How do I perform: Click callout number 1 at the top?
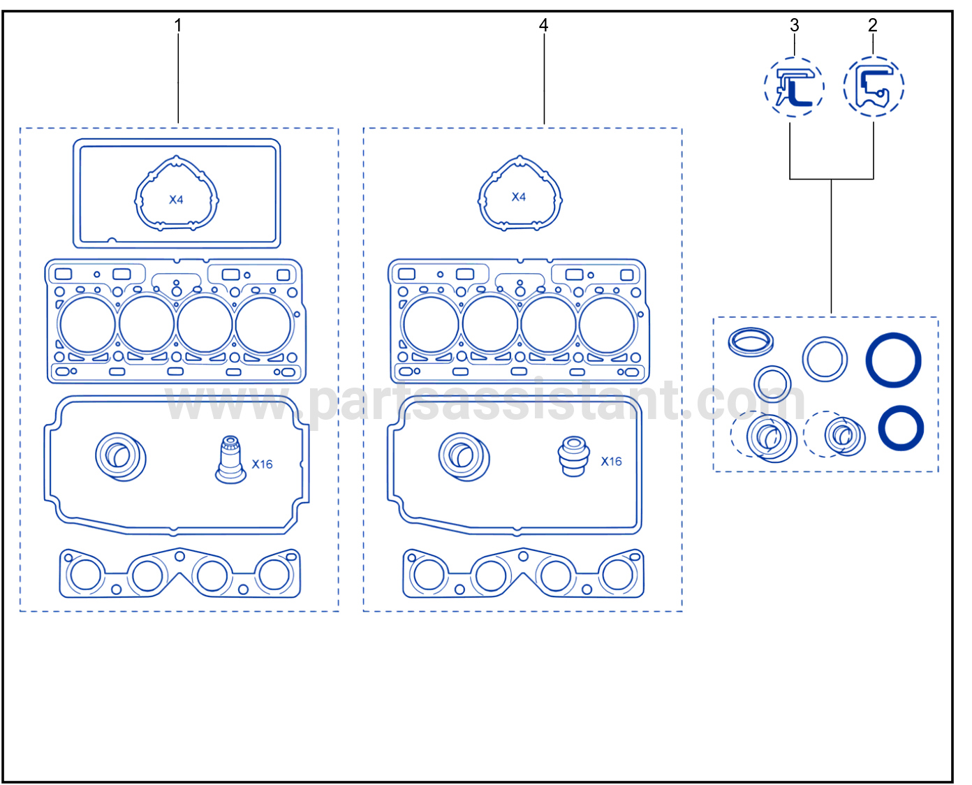click(178, 25)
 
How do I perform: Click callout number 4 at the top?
click(543, 25)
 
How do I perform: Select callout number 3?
click(795, 25)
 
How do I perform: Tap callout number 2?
click(873, 25)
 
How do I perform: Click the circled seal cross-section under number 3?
click(794, 87)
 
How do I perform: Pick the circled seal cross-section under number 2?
click(874, 87)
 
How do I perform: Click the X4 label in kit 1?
click(176, 200)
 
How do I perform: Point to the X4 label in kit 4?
click(518, 197)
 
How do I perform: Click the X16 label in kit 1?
click(262, 464)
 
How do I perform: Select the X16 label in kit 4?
click(611, 462)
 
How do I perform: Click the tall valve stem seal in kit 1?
click(230, 460)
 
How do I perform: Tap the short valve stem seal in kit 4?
click(573, 456)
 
